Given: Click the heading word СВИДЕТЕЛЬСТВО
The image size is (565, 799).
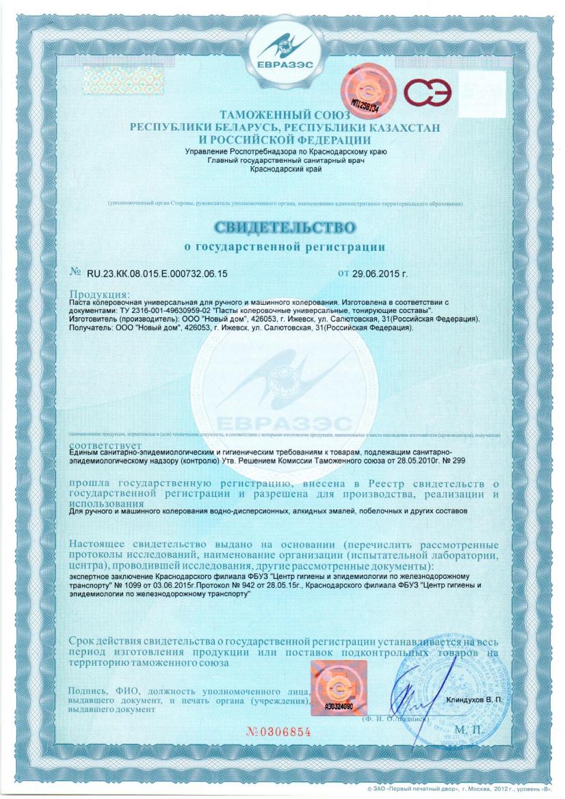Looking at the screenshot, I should [x=285, y=226].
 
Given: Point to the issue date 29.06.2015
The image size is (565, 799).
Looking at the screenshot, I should [x=380, y=274].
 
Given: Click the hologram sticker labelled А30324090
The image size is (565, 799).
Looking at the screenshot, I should [x=338, y=686].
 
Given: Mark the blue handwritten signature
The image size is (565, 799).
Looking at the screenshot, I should [x=410, y=694].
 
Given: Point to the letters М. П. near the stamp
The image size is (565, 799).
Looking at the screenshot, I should [x=469, y=731].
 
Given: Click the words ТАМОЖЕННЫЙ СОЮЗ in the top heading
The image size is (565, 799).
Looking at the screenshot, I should [x=285, y=116].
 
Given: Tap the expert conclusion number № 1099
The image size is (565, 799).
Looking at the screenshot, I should [x=137, y=586].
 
